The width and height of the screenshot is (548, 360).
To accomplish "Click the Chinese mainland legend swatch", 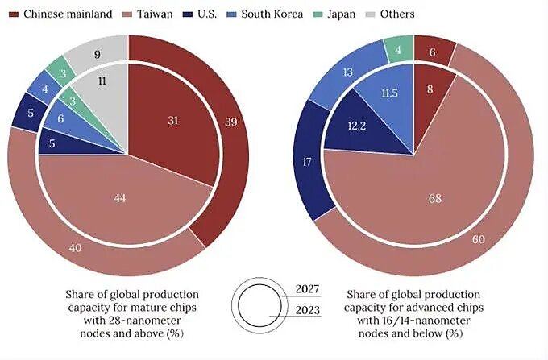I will click(x=13, y=14).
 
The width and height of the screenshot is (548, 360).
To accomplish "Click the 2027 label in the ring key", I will click(x=307, y=288).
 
